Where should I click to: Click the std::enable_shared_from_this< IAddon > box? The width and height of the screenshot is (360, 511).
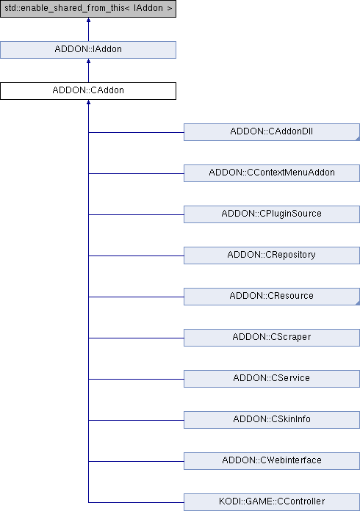(88, 9)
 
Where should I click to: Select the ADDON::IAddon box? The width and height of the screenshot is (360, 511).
(88, 50)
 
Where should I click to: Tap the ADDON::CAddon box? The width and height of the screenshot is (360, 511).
(88, 91)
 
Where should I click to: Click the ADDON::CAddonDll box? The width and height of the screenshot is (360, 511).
(272, 132)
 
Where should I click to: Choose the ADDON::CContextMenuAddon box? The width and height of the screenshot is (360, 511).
(272, 173)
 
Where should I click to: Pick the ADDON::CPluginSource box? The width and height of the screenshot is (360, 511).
(272, 214)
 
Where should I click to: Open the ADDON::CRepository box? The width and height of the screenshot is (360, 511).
(272, 255)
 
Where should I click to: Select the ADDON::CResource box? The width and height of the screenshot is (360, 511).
(272, 296)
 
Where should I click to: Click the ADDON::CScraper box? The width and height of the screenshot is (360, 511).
(272, 337)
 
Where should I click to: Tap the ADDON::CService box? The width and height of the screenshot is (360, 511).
(272, 378)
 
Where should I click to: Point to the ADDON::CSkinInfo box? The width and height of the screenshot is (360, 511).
(272, 419)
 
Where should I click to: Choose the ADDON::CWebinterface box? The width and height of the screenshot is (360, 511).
(272, 460)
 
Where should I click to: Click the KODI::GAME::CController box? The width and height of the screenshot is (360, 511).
(272, 502)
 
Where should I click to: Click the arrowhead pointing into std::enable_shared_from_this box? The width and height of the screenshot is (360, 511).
(88, 20)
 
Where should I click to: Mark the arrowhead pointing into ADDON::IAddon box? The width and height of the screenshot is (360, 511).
(88, 61)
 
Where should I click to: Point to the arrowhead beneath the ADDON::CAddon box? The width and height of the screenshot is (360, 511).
(88, 102)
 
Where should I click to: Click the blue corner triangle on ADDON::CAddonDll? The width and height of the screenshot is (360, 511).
(358, 139)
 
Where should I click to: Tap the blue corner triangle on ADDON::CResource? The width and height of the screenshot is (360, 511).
(358, 303)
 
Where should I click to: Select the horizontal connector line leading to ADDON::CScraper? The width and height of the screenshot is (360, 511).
(136, 338)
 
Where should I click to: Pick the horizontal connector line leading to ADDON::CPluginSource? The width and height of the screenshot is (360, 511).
(136, 215)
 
